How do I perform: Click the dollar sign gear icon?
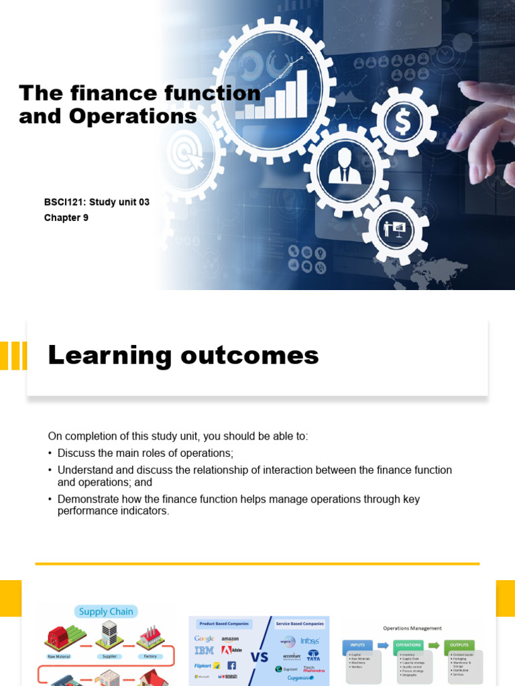tap(404, 122)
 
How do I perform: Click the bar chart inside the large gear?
tap(276, 95)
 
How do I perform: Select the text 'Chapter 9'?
tap(66, 218)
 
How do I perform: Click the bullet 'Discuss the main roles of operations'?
tap(145, 453)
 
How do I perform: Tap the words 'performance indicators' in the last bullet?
tap(113, 511)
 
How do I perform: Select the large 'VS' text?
tap(260, 657)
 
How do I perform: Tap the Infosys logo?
tap(309, 641)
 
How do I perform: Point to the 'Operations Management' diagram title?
tap(412, 628)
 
